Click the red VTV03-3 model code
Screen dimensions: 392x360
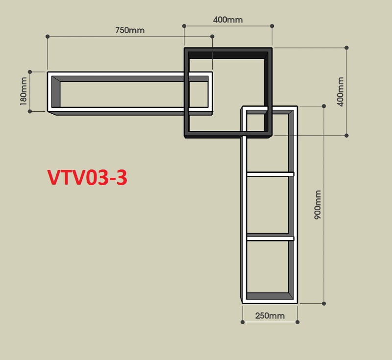tap(87, 177)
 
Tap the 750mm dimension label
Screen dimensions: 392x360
tap(130, 30)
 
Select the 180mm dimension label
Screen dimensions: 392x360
tap(24, 91)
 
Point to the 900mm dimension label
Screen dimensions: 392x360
tap(318, 205)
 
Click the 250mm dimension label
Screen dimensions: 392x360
tap(270, 316)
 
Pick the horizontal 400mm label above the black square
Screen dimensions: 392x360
tap(228, 20)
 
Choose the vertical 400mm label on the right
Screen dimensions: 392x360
tap(341, 92)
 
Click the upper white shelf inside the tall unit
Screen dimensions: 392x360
tap(270, 174)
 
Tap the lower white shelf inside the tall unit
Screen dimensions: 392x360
tap(270, 239)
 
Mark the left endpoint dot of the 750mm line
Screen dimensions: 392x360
tap(48, 36)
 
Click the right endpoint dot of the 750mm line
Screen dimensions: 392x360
tap(212, 36)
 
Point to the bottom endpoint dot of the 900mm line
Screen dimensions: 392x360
tap(324, 304)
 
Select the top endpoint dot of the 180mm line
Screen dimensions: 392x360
tap(30, 72)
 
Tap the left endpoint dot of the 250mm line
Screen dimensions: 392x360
tap(243, 322)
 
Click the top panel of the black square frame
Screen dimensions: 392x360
tap(228, 50)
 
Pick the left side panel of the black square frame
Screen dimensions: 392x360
tap(187, 93)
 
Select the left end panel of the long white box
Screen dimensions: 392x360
tap(49, 92)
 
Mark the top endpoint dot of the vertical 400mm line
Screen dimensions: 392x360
tap(346, 48)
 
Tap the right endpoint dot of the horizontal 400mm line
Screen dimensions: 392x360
tap(272, 26)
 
